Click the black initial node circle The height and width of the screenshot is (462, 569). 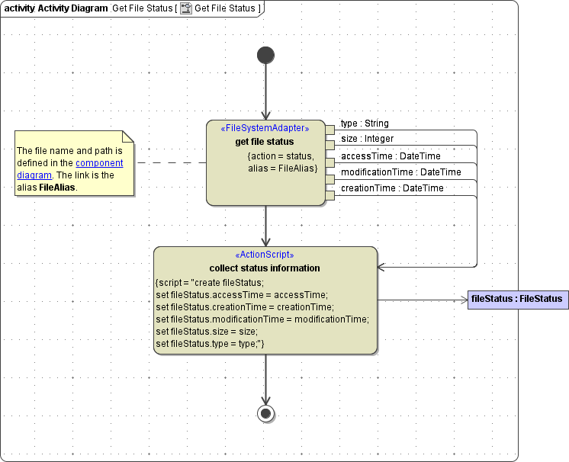coord(265,55)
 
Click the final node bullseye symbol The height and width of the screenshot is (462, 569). coord(265,413)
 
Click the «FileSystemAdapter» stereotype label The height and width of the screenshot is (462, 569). coord(265,128)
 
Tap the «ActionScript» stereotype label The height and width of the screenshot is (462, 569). coord(265,255)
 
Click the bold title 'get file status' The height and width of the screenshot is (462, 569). coord(265,141)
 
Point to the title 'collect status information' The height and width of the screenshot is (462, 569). coord(265,268)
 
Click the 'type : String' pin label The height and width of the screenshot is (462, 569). coord(365,124)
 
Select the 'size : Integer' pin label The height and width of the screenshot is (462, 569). coord(367,139)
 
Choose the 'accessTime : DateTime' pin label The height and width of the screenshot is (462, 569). coord(390,156)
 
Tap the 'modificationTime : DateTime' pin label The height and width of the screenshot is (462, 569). coord(400,172)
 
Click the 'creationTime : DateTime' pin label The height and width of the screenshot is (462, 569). coord(391,188)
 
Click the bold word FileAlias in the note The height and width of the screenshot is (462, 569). coord(58,188)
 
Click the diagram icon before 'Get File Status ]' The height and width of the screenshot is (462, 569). coord(185,8)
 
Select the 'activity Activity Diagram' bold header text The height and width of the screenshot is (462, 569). coord(56,8)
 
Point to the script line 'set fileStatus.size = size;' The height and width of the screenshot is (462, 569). coord(207,332)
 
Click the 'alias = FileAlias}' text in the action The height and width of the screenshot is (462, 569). coord(282,168)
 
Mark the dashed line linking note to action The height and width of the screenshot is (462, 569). coord(171,162)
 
